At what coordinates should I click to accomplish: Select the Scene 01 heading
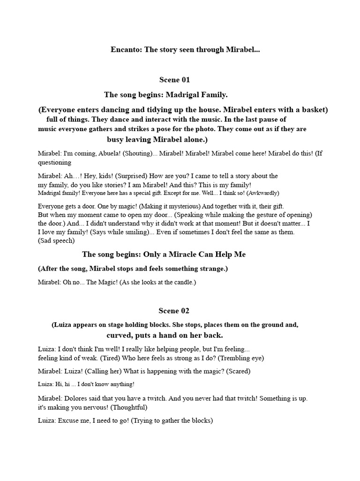pos(175,80)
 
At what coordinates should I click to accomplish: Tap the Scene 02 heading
pos(175,311)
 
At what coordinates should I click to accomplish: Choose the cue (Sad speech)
pos(56,241)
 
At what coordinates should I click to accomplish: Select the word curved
pos(119,335)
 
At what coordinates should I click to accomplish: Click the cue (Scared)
pos(238,372)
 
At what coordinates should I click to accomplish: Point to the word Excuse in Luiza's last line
pos(69,421)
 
